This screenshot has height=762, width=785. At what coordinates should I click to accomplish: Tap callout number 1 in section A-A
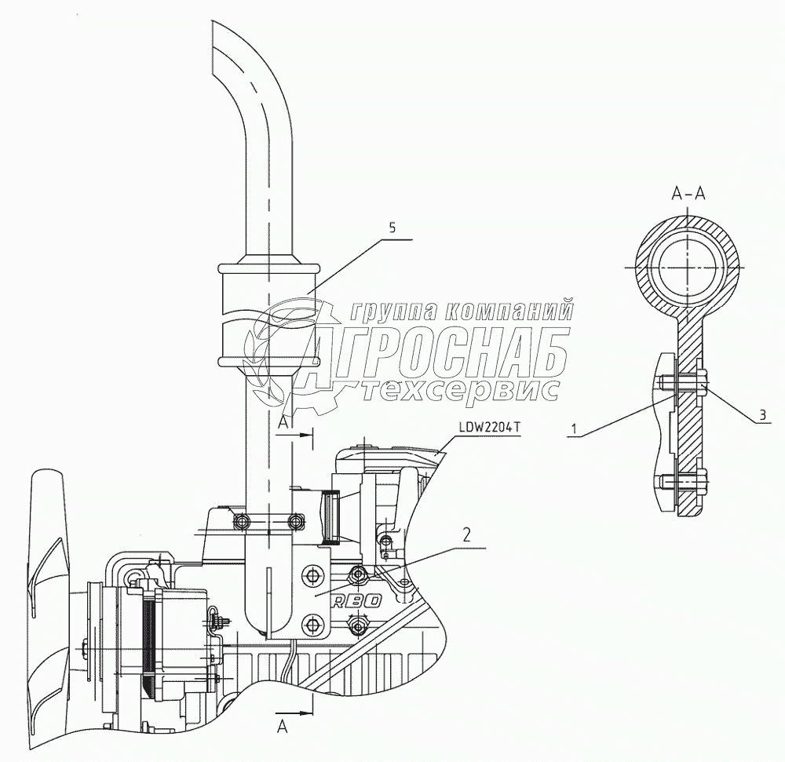click(575, 428)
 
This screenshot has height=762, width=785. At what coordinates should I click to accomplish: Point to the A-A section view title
click(688, 195)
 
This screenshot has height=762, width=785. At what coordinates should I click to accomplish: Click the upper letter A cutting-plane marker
click(284, 423)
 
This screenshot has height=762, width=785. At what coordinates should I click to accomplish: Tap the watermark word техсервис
click(463, 390)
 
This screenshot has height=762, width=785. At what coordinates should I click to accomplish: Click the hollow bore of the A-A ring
click(688, 267)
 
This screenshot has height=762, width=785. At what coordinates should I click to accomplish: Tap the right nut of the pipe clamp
click(297, 520)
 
